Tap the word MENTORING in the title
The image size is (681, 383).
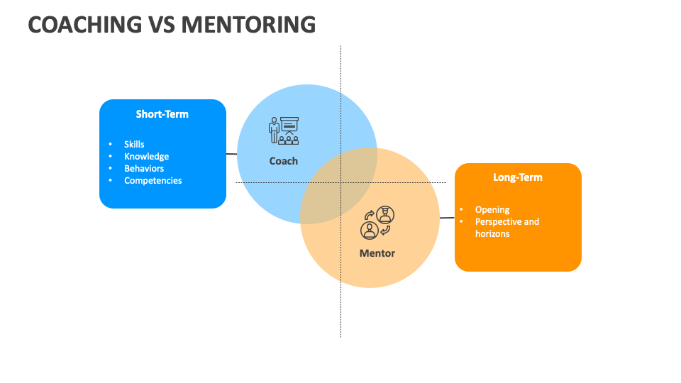click(x=248, y=24)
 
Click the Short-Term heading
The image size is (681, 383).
click(x=162, y=113)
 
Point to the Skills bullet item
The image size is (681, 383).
click(x=134, y=145)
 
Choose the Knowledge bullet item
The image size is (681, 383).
click(x=146, y=157)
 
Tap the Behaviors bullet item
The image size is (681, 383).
click(x=144, y=169)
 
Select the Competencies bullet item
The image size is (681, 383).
click(x=153, y=181)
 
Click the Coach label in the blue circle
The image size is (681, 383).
click(x=284, y=161)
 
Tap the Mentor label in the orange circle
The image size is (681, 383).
click(x=377, y=253)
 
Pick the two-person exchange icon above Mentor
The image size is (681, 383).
click(x=377, y=223)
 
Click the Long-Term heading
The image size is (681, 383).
click(x=518, y=177)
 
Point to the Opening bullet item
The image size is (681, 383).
click(x=492, y=210)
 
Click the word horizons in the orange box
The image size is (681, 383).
click(x=492, y=234)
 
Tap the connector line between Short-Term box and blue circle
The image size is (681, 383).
click(x=231, y=153)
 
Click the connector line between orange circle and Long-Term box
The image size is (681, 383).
click(x=447, y=218)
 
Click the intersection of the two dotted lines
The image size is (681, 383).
click(x=340, y=182)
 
